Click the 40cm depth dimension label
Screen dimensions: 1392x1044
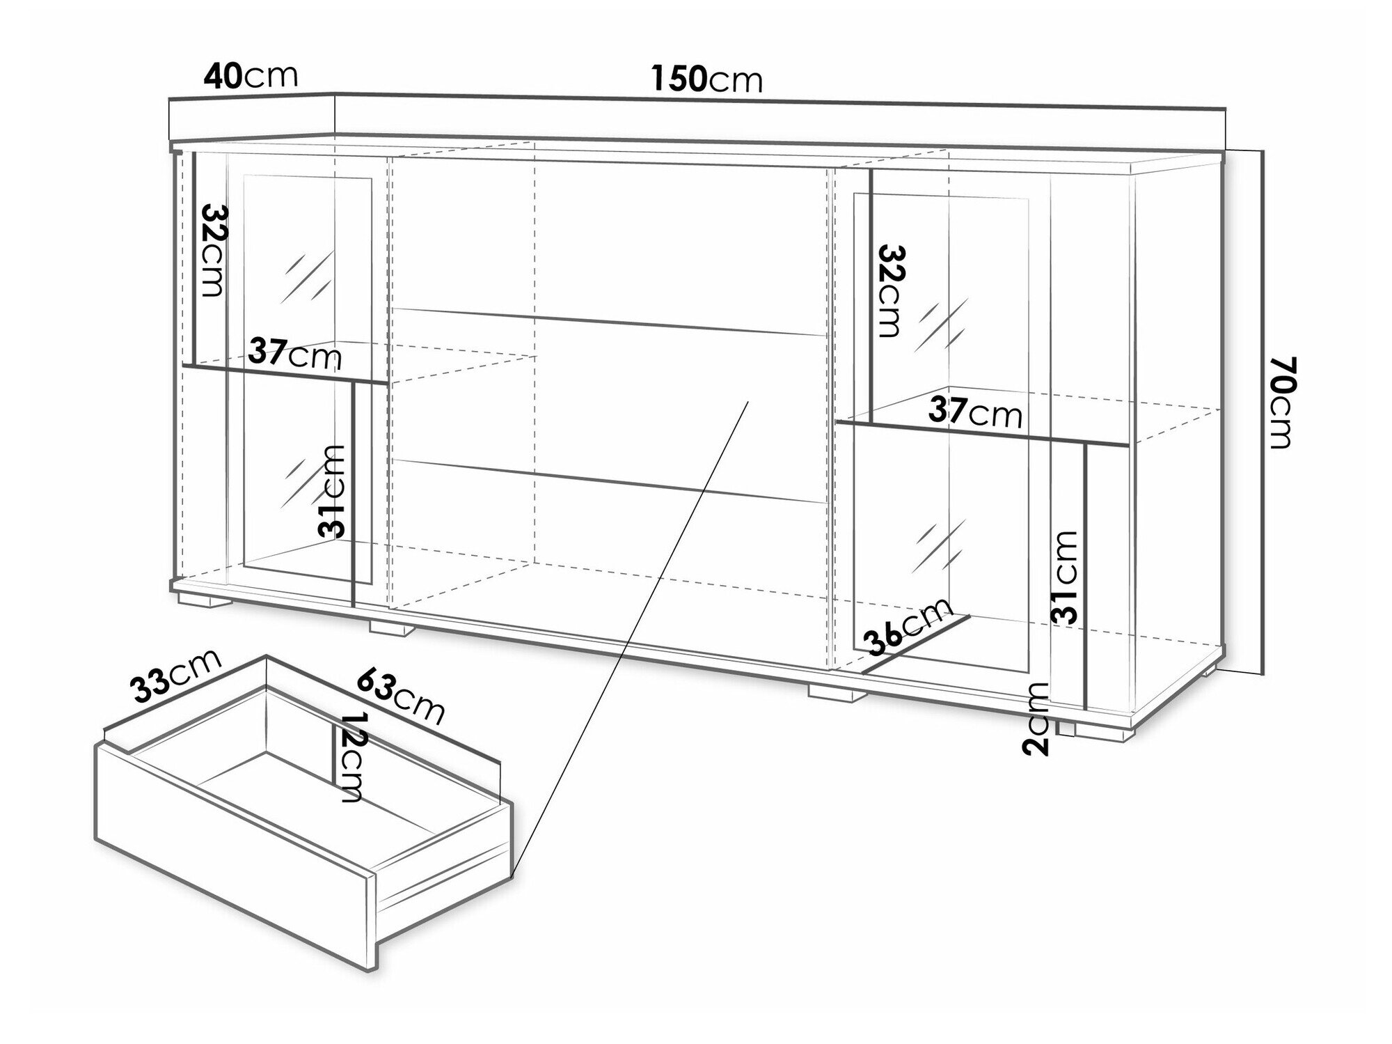251,76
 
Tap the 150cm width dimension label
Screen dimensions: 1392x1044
706,79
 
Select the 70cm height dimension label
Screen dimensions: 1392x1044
1282,402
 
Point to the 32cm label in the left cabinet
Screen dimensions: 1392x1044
214,250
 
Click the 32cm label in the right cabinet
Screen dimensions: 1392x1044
890,290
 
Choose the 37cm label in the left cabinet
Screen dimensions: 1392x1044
295,355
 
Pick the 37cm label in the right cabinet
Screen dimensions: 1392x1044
975,414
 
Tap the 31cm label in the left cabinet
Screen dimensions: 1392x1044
332,491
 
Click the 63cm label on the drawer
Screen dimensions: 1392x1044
401,696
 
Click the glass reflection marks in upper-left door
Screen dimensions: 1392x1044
304,277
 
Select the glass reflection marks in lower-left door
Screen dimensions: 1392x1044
293,483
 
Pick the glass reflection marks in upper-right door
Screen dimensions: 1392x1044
943,327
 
